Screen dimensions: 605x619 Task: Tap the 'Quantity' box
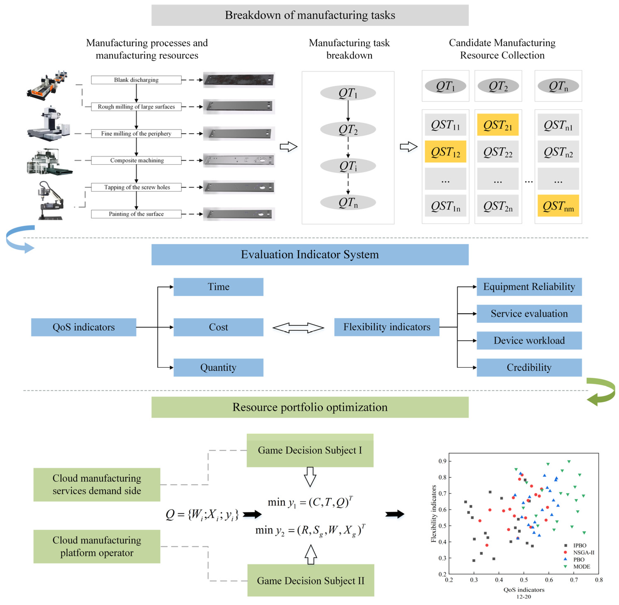coord(218,367)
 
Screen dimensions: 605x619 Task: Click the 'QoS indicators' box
coord(84,327)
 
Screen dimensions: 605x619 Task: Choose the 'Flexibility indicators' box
coord(387,327)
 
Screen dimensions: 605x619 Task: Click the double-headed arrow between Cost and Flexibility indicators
coord(298,328)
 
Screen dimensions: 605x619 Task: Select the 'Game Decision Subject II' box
coord(310,580)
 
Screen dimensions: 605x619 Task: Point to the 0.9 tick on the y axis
coord(443,461)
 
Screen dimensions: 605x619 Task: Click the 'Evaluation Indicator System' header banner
coord(310,255)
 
